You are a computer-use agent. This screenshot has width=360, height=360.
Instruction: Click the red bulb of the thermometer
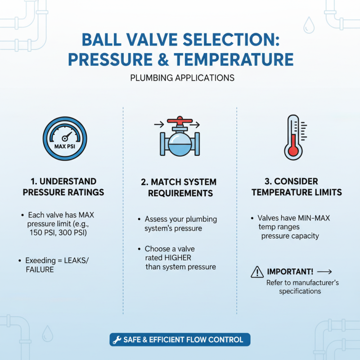(x=293, y=149)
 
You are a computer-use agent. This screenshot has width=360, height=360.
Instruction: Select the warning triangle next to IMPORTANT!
(x=257, y=272)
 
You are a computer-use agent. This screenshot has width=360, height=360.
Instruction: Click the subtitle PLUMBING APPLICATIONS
(x=182, y=77)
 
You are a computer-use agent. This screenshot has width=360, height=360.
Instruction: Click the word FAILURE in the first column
(x=40, y=270)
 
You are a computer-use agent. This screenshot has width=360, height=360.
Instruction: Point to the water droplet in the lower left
(x=47, y=334)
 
